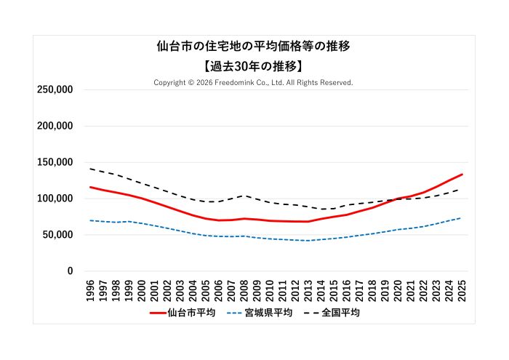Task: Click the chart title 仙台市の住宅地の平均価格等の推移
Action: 254,47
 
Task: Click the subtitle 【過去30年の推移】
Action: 254,65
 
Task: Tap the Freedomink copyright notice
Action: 253,82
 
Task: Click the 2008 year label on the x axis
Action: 244,289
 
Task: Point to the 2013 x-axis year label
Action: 308,289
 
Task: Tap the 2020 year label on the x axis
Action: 398,289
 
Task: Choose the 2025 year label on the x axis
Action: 462,289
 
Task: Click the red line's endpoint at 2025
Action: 462,175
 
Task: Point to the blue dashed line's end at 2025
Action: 462,218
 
